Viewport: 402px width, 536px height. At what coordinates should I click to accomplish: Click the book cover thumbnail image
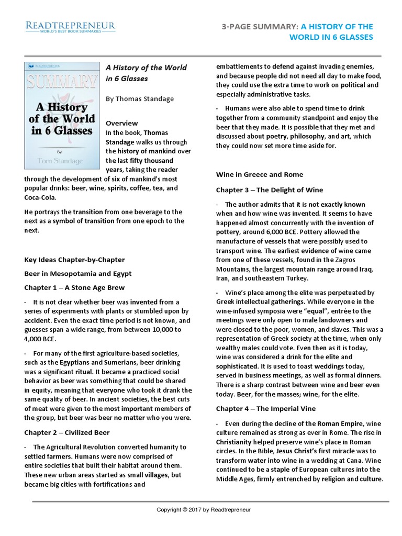[x=62, y=115]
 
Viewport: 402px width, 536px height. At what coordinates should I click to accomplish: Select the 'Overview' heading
[x=122, y=123]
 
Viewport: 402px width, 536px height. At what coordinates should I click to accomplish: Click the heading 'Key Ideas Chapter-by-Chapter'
[x=74, y=260]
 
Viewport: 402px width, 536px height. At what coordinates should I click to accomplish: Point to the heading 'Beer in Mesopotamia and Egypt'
[x=78, y=274]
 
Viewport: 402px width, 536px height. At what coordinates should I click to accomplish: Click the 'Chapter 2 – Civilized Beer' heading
[x=67, y=433]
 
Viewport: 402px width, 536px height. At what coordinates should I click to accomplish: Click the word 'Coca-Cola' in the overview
[x=40, y=197]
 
